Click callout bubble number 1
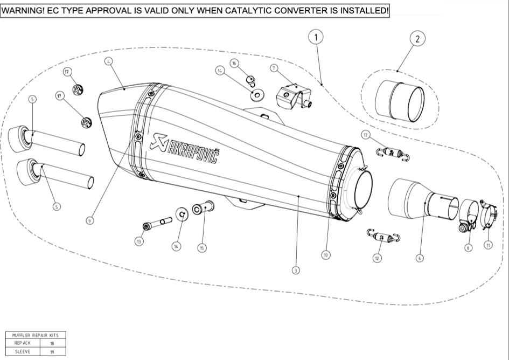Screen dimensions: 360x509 click(x=316, y=37)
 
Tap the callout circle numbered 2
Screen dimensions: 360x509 click(x=417, y=38)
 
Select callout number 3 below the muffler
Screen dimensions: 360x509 click(x=295, y=271)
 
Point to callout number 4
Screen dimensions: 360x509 click(x=109, y=62)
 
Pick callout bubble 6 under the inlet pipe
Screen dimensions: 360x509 click(x=419, y=258)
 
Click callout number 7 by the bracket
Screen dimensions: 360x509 click(x=274, y=68)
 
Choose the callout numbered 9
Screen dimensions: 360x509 click(x=90, y=220)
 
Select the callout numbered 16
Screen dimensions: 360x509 click(x=234, y=64)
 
